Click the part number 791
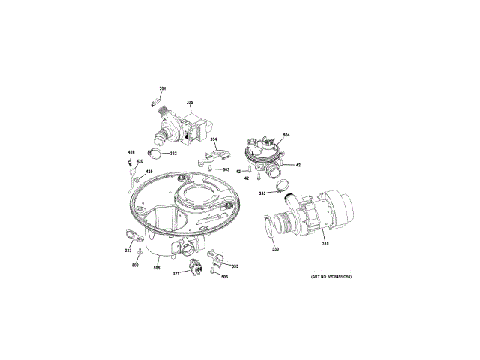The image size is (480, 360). point(162,90)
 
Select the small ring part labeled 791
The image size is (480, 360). point(157,98)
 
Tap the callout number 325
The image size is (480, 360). point(190,102)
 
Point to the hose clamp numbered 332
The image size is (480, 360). point(155,154)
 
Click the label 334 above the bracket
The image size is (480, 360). point(214,140)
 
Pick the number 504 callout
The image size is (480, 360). point(286,135)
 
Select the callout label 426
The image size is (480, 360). point(130,152)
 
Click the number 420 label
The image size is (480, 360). point(139,161)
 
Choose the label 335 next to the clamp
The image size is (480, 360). point(262,193)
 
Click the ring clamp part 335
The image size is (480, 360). point(280,185)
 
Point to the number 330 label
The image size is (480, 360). point(275,249)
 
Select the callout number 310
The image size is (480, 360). point(325,244)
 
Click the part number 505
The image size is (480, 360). point(157,268)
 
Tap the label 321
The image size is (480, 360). point(175,273)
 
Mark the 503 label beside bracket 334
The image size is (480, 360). point(226,169)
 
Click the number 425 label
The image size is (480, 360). point(148,172)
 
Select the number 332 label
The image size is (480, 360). point(173,154)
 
